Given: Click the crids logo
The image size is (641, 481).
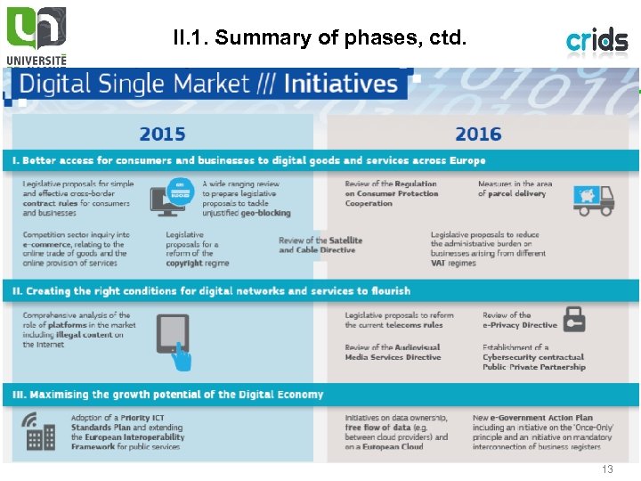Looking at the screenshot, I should coord(597,40).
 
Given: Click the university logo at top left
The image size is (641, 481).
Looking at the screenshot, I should coord(36,34).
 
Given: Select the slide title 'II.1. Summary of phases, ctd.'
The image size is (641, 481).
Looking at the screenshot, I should coord(319,38).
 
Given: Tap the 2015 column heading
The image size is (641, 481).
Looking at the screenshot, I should coord(162,135).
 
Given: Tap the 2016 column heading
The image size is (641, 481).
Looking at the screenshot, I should coord(478,135).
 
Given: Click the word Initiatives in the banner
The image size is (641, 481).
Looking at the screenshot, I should coord(340,85).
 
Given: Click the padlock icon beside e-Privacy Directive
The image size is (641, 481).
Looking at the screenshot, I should coord(574,319).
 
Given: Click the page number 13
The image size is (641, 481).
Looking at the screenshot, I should coord(608,469).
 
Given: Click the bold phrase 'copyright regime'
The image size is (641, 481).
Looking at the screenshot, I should coord(197,264).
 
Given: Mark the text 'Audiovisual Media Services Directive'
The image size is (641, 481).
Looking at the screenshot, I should coord(394,353).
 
